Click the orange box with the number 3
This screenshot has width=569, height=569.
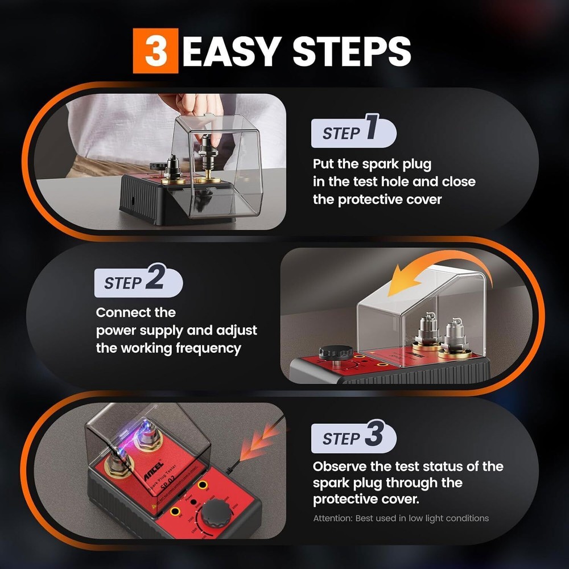coord(155,52)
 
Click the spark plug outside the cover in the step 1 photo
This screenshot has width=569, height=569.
coord(171,170)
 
